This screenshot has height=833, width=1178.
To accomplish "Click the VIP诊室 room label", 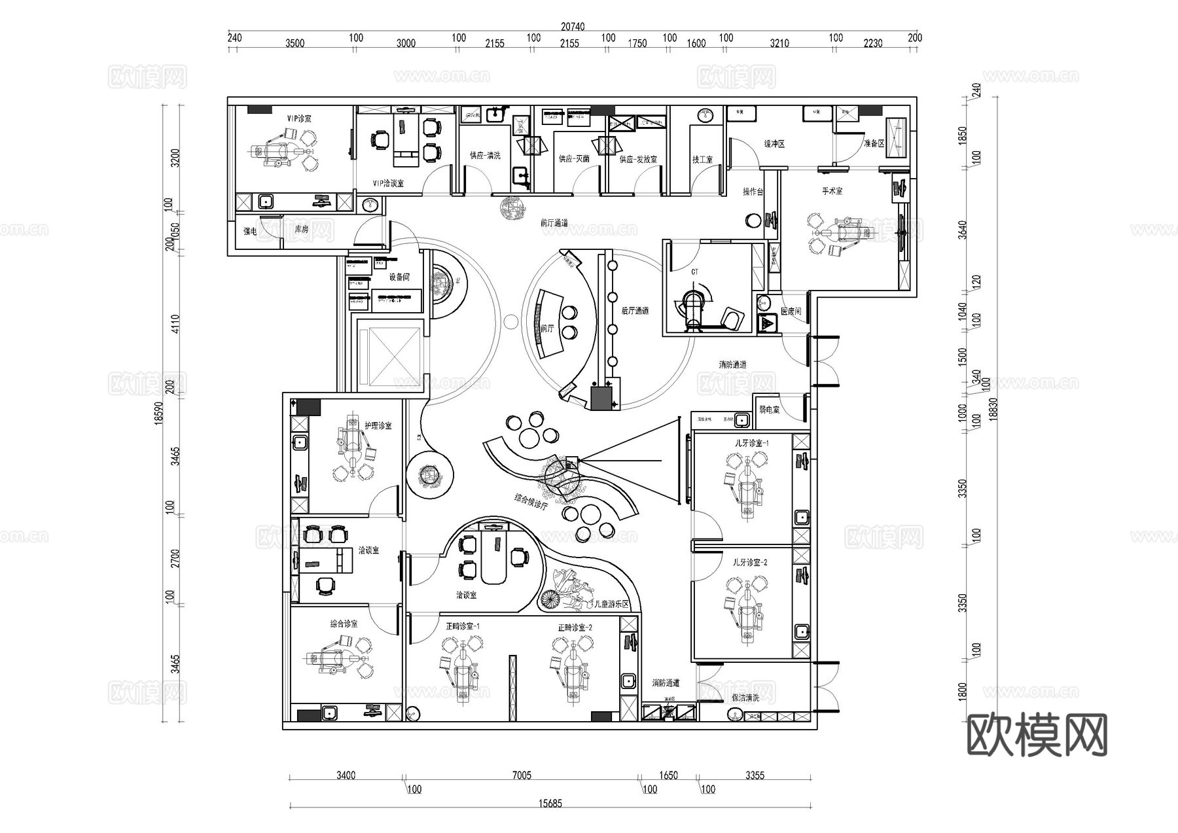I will point(299,118).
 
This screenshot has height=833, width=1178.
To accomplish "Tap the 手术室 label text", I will point(832,191).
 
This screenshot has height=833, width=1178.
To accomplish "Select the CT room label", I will point(694,272).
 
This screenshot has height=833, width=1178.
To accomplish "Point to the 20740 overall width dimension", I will point(572,27).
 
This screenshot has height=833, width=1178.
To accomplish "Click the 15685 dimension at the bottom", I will point(550,804).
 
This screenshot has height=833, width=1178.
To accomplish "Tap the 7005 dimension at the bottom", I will point(521,775).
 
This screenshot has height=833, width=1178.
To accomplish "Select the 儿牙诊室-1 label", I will point(751,443).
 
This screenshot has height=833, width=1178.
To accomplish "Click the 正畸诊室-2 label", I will point(575,627).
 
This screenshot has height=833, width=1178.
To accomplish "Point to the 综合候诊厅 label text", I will point(531,502).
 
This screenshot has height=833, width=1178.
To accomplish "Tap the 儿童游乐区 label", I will point(610,604).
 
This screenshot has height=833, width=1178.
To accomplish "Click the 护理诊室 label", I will point(378,425).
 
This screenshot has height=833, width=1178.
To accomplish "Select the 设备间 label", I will point(399,277).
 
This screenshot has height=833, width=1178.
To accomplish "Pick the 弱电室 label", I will point(769,410).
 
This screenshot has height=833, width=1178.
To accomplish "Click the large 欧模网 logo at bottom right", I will point(1037,736).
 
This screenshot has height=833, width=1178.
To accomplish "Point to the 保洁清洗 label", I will point(745,698).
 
